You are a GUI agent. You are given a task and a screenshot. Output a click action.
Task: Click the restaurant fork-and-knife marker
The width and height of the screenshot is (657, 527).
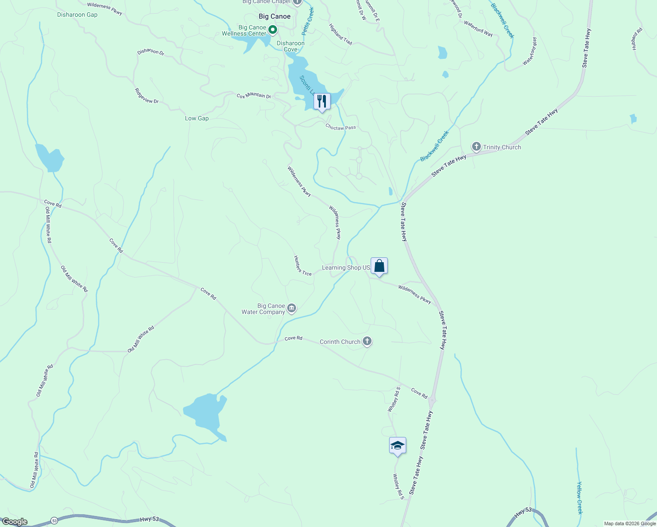322,102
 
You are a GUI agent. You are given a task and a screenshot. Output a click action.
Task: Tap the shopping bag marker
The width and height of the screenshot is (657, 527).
379,266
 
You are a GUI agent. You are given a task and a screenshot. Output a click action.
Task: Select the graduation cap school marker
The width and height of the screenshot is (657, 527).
397,446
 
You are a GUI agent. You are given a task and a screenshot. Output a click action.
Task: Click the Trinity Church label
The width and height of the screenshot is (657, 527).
502,147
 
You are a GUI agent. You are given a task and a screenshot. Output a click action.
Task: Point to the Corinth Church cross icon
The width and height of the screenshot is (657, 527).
367,341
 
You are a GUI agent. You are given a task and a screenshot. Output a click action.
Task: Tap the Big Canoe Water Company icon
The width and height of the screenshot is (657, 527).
292,309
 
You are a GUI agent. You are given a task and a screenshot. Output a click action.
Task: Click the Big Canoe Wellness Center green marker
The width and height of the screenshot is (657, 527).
273,30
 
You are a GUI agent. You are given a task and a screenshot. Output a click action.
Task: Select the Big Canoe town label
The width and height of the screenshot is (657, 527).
274,17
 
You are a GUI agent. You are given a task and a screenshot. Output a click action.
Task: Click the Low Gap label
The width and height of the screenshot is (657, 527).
197,119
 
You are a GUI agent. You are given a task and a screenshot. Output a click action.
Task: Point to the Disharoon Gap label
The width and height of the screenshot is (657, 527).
77,15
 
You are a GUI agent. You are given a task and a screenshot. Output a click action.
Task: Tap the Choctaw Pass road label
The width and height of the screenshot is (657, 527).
340,127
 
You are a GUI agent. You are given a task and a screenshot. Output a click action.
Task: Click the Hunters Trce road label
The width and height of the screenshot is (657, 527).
303,266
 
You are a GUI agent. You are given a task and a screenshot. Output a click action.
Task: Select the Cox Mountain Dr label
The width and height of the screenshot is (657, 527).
254,96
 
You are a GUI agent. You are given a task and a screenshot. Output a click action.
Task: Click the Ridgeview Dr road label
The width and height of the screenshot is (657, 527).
147,96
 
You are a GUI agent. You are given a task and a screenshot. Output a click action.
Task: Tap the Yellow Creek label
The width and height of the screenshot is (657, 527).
579,498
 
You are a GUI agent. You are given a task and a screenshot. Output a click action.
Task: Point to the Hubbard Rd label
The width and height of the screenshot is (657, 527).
637,39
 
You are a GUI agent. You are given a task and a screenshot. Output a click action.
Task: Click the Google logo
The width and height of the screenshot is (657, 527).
14,522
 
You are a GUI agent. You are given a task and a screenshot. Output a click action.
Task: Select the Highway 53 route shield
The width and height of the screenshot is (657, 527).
54,520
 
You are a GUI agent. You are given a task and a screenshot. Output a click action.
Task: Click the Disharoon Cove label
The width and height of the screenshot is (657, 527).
290,46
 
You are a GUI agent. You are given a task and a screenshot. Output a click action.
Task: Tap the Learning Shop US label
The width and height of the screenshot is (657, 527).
346,268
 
